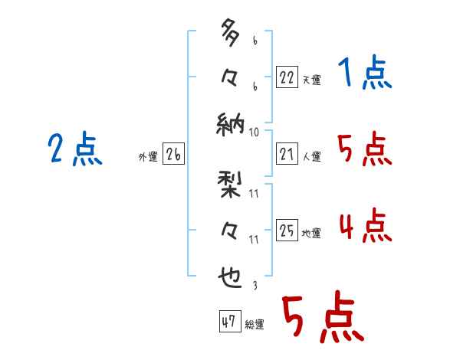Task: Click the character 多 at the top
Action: [x=228, y=34]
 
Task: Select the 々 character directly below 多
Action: [x=228, y=77]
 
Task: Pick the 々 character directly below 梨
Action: [x=228, y=229]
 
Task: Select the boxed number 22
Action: [x=287, y=77]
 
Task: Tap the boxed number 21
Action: [x=287, y=154]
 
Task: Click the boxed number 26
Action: [x=173, y=154]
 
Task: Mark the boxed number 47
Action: [x=229, y=322]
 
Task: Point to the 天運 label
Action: [x=311, y=80]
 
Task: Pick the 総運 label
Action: [x=255, y=325]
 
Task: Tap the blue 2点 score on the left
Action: [x=75, y=149]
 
